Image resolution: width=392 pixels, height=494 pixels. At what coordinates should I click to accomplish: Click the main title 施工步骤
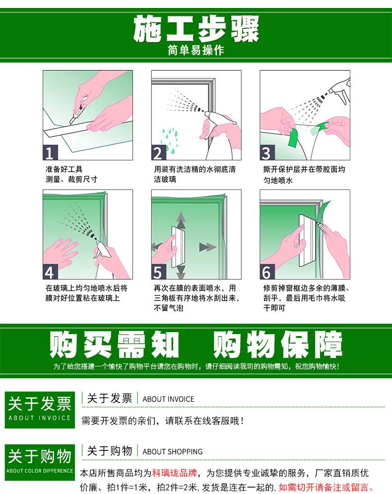(196, 29)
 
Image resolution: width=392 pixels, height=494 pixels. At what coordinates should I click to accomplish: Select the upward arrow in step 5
(181, 219)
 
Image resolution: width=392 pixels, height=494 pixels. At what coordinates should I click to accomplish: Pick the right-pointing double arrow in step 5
(206, 247)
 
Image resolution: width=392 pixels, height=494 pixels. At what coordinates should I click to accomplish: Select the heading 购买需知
(114, 344)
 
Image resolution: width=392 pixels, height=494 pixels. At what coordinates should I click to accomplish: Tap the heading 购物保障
(278, 344)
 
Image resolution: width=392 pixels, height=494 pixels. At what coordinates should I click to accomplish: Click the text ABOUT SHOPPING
(173, 451)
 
